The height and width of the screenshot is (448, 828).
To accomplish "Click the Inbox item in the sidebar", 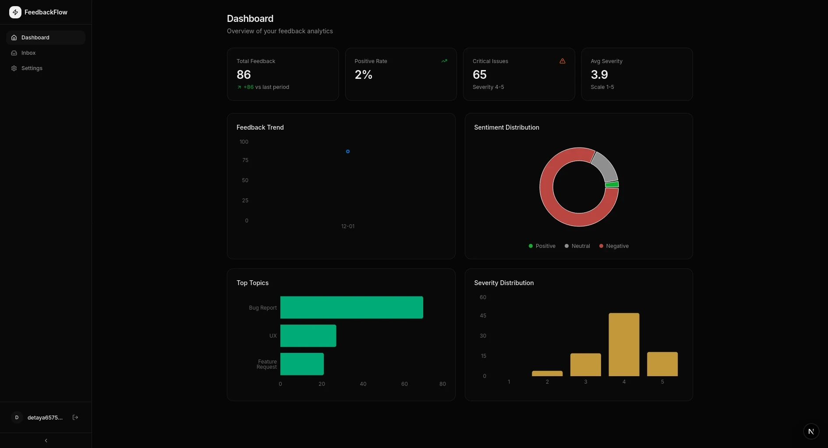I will point(28,53).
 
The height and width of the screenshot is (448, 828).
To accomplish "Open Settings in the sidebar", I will point(32,68).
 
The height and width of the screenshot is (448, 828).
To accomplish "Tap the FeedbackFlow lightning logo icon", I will point(15,12).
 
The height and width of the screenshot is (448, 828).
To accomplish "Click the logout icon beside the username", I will point(75,417).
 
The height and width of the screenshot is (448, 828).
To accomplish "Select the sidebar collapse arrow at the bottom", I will point(46,441).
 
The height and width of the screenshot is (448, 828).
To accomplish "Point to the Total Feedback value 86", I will point(244,75).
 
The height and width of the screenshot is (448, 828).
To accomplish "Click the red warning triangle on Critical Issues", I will point(563,61).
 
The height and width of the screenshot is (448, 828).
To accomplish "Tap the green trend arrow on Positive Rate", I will point(444,61).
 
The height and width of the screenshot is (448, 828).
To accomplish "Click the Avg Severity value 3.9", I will point(599,75).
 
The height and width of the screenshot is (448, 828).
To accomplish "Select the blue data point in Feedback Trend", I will point(348,152).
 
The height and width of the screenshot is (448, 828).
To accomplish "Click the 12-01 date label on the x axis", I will point(348,226).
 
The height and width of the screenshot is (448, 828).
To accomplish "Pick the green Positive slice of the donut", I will point(612,185).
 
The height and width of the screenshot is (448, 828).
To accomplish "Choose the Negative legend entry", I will point(614,246).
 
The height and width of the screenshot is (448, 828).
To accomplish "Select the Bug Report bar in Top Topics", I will point(351,307).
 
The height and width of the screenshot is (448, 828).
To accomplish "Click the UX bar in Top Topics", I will point(308,336).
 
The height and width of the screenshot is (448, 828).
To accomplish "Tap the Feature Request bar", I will point(302,364).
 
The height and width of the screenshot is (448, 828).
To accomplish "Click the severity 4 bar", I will point(624,344).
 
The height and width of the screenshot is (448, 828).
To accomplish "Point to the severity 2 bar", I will point(547,374).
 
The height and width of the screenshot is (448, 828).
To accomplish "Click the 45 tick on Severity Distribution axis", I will point(483,316).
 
